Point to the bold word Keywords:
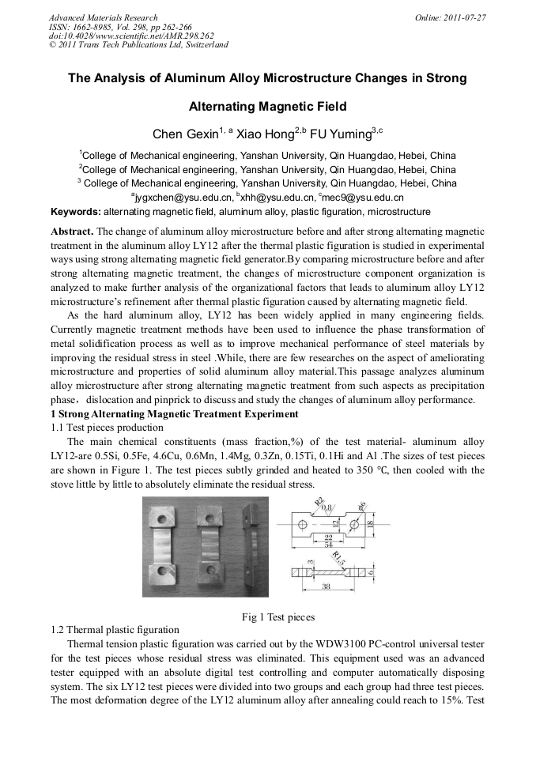(x=76, y=212)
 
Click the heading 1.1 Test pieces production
(x=107, y=427)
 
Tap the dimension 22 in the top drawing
(x=327, y=537)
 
